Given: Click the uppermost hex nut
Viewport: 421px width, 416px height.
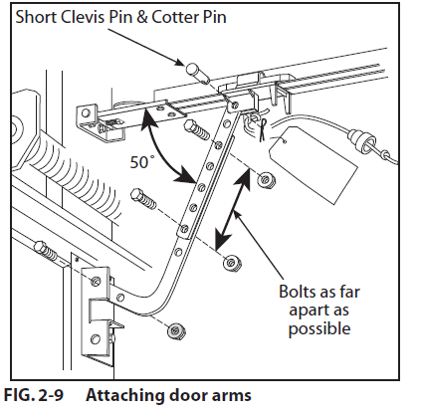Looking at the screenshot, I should (x=265, y=180).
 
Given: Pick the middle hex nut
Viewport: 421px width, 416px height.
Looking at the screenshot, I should (x=230, y=263).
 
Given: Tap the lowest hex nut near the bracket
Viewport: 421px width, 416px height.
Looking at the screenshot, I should (x=176, y=329).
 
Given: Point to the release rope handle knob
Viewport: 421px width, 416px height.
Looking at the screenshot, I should (x=377, y=153).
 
